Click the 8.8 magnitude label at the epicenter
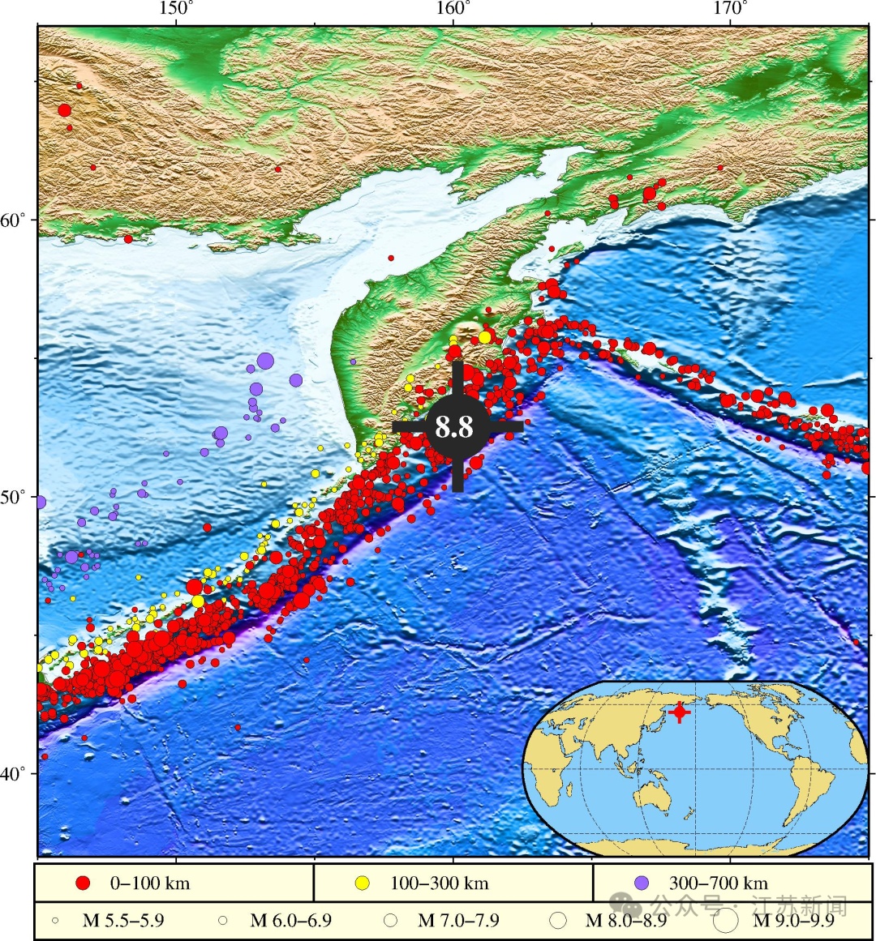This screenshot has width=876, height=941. [x=453, y=426]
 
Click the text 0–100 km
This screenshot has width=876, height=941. [x=149, y=883]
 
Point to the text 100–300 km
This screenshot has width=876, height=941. [x=439, y=883]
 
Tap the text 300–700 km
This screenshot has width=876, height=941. [x=718, y=883]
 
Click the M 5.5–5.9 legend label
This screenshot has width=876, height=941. [x=123, y=921]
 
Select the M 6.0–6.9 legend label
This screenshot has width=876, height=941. [x=290, y=921]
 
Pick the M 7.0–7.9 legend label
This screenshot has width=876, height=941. [x=458, y=921]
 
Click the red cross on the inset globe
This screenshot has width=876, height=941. [x=680, y=712]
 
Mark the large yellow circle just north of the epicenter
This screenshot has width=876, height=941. [x=485, y=336]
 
